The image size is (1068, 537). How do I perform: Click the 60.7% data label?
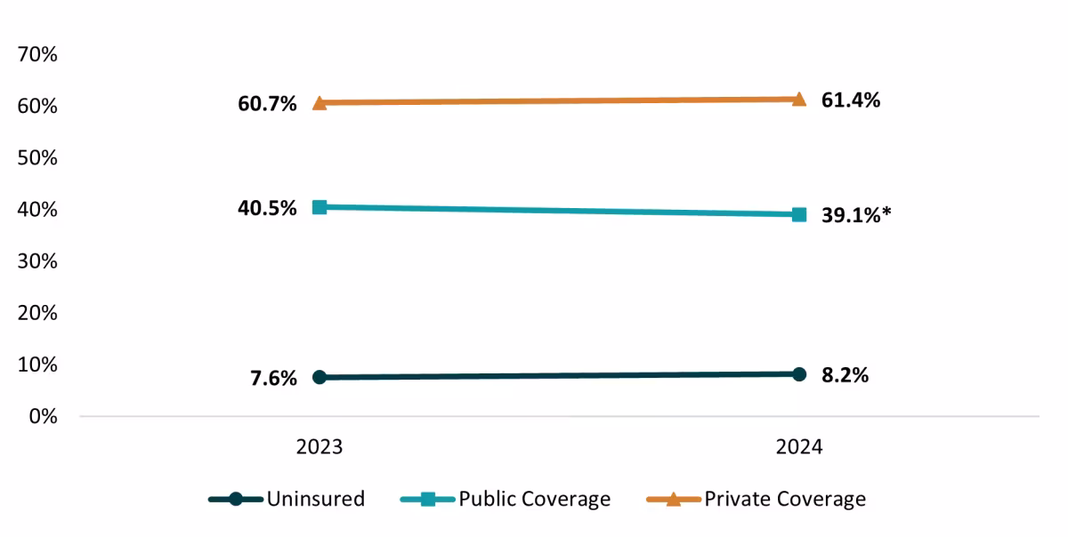tap(267, 105)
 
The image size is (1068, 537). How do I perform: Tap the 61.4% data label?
tap(851, 100)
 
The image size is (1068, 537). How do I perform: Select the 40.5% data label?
tap(267, 210)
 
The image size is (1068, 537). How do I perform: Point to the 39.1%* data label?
tap(856, 216)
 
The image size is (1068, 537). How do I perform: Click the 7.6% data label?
tap(273, 379)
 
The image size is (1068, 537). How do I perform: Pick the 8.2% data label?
tap(845, 375)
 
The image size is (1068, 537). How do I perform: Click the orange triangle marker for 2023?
tap(320, 103)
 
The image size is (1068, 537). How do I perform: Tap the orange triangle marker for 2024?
tap(799, 99)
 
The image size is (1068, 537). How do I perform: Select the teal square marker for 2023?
tap(320, 207)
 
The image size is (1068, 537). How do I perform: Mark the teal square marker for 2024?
tap(799, 214)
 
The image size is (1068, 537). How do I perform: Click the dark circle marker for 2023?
tap(320, 377)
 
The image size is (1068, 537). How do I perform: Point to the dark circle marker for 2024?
tap(799, 374)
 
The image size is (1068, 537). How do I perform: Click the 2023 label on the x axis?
tap(320, 446)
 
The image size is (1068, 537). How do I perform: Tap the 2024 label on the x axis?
tap(798, 446)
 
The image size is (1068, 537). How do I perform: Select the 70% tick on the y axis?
tap(37, 55)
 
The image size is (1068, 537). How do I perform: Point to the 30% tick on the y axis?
tap(37, 261)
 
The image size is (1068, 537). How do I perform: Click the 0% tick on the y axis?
tap(42, 416)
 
